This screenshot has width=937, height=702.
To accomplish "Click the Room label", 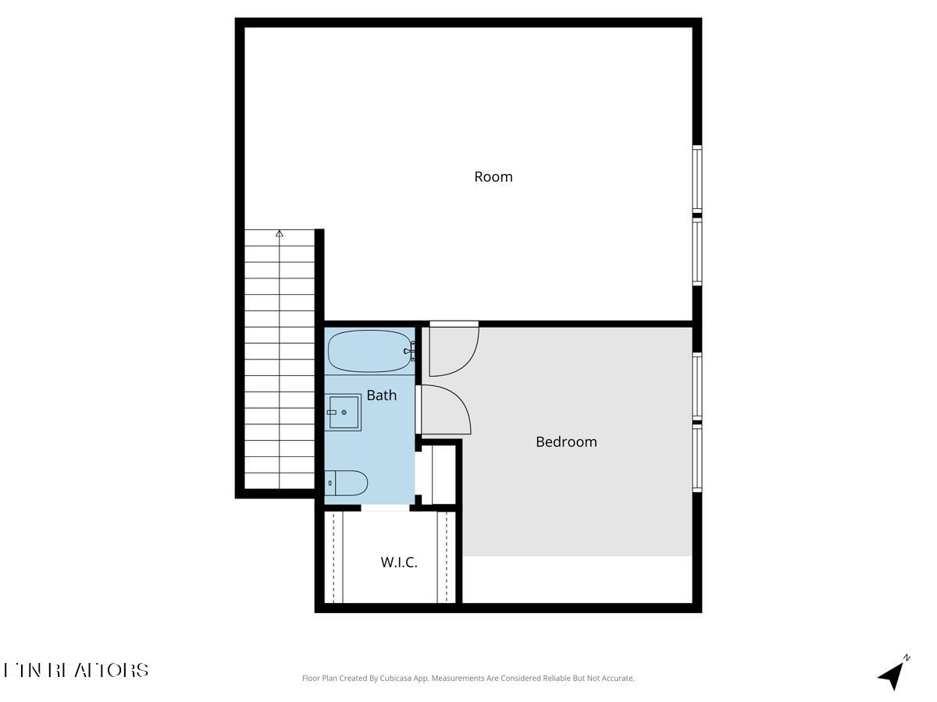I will [493, 177].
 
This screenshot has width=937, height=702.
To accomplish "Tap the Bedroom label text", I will [566, 441].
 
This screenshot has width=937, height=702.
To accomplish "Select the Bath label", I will [381, 395].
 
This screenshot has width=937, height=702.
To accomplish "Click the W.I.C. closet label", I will [399, 562].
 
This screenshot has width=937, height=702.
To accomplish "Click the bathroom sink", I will [344, 412].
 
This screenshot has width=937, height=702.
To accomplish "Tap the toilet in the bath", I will [346, 483].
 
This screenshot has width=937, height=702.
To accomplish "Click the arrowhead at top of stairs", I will [280, 233].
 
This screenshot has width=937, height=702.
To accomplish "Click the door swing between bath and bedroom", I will [445, 409].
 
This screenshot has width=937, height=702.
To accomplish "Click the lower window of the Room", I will [697, 251].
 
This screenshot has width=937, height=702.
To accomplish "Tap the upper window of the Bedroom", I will [697, 387].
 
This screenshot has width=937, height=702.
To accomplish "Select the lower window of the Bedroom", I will [697, 459].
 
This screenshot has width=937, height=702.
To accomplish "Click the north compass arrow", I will [892, 673].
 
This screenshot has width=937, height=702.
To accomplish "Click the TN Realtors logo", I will [77, 670].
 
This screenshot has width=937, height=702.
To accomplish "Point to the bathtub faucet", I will [410, 352].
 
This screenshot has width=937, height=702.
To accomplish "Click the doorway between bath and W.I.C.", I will [385, 508].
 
